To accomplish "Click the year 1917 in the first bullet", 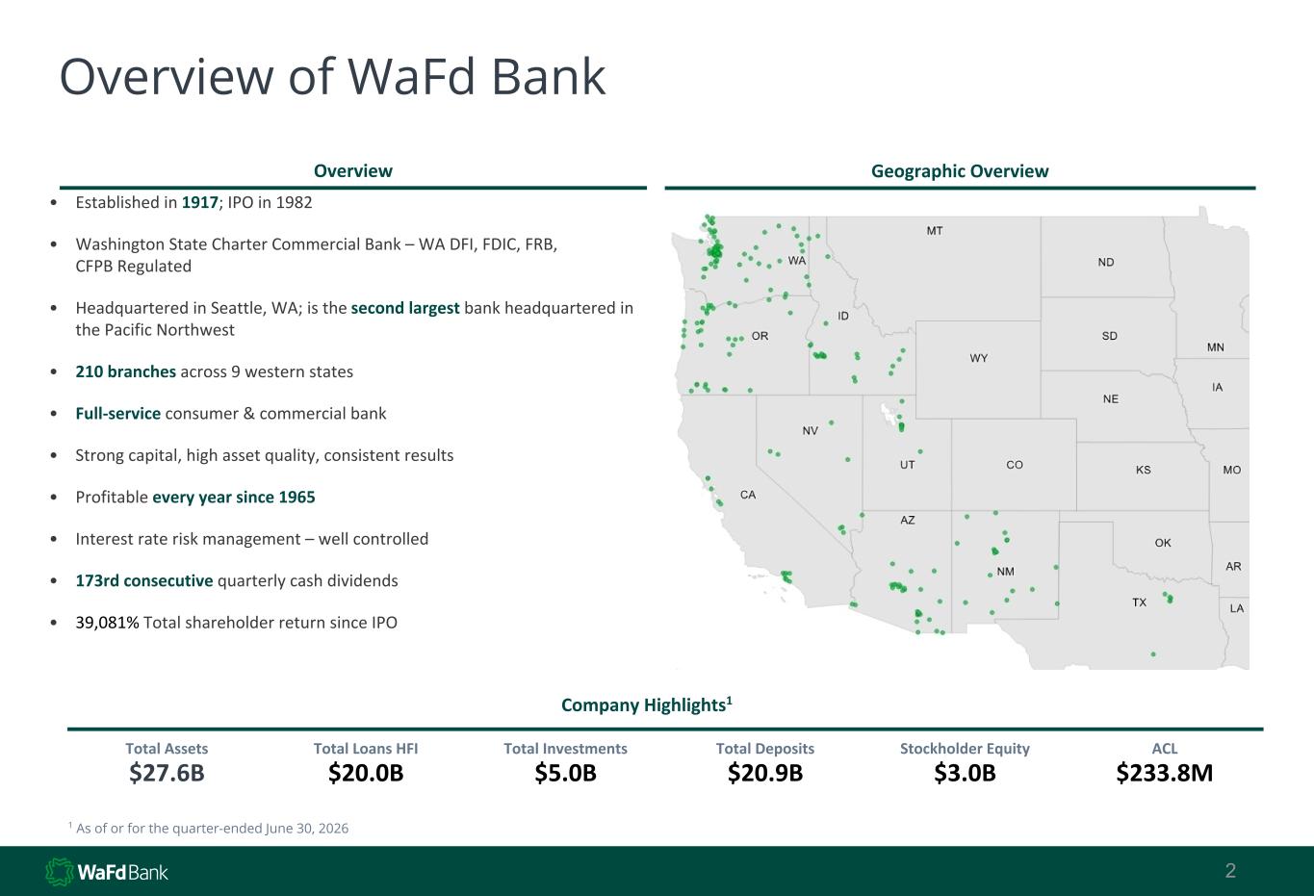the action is [199, 202].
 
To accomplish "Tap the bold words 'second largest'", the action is [404, 308].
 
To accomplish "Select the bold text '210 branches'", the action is [125, 371].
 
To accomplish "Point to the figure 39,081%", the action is [108, 623].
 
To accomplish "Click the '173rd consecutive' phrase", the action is [144, 580].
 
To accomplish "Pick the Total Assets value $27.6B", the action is [167, 773].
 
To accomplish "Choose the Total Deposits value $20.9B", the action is [765, 773].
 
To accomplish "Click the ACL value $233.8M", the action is [1165, 773].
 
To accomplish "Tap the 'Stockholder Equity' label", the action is [965, 749].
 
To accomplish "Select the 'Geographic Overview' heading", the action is [960, 170].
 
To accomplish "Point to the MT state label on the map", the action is [935, 231].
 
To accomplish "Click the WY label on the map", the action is [978, 358].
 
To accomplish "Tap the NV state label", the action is [811, 431].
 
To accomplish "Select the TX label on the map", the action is [1139, 602].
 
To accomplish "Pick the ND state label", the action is [1106, 262].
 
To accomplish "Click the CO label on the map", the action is [1015, 465].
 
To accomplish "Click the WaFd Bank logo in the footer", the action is [107, 872].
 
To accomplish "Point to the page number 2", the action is [1230, 871].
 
